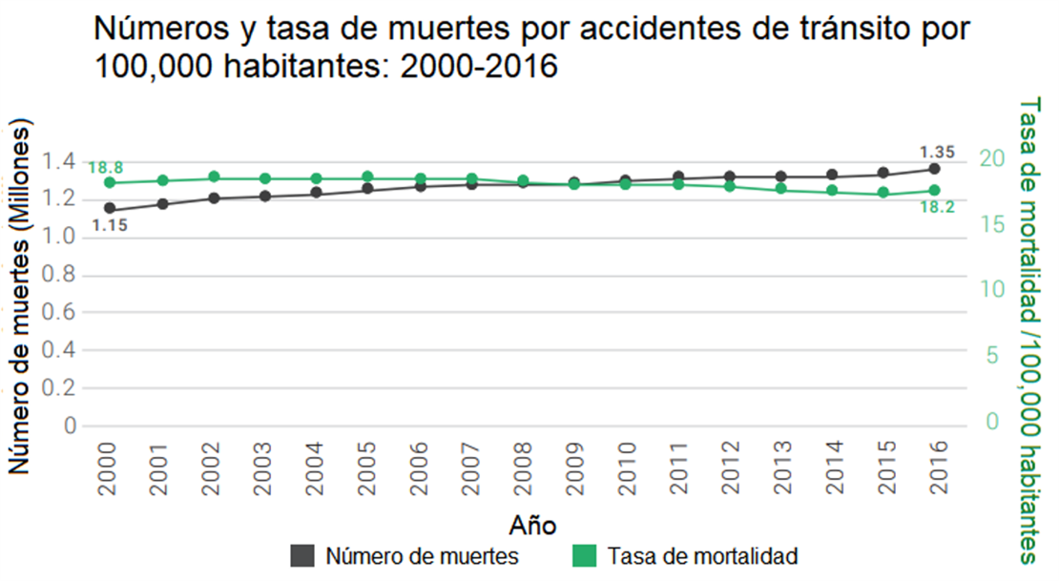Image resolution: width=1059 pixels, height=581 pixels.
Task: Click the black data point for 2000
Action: point(110,208)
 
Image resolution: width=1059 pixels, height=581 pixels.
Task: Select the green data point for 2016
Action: point(935,191)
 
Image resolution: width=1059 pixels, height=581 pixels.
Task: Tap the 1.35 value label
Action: point(936,151)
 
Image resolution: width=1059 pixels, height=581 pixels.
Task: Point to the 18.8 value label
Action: point(106,168)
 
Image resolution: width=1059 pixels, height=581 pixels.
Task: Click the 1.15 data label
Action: point(110,226)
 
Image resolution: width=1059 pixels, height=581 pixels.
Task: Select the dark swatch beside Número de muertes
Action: point(302,555)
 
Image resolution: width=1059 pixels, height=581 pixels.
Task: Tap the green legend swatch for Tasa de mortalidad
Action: point(584,555)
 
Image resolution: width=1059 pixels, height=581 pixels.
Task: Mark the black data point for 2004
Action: point(316,194)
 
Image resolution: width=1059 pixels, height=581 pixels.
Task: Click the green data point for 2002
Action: point(213,177)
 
